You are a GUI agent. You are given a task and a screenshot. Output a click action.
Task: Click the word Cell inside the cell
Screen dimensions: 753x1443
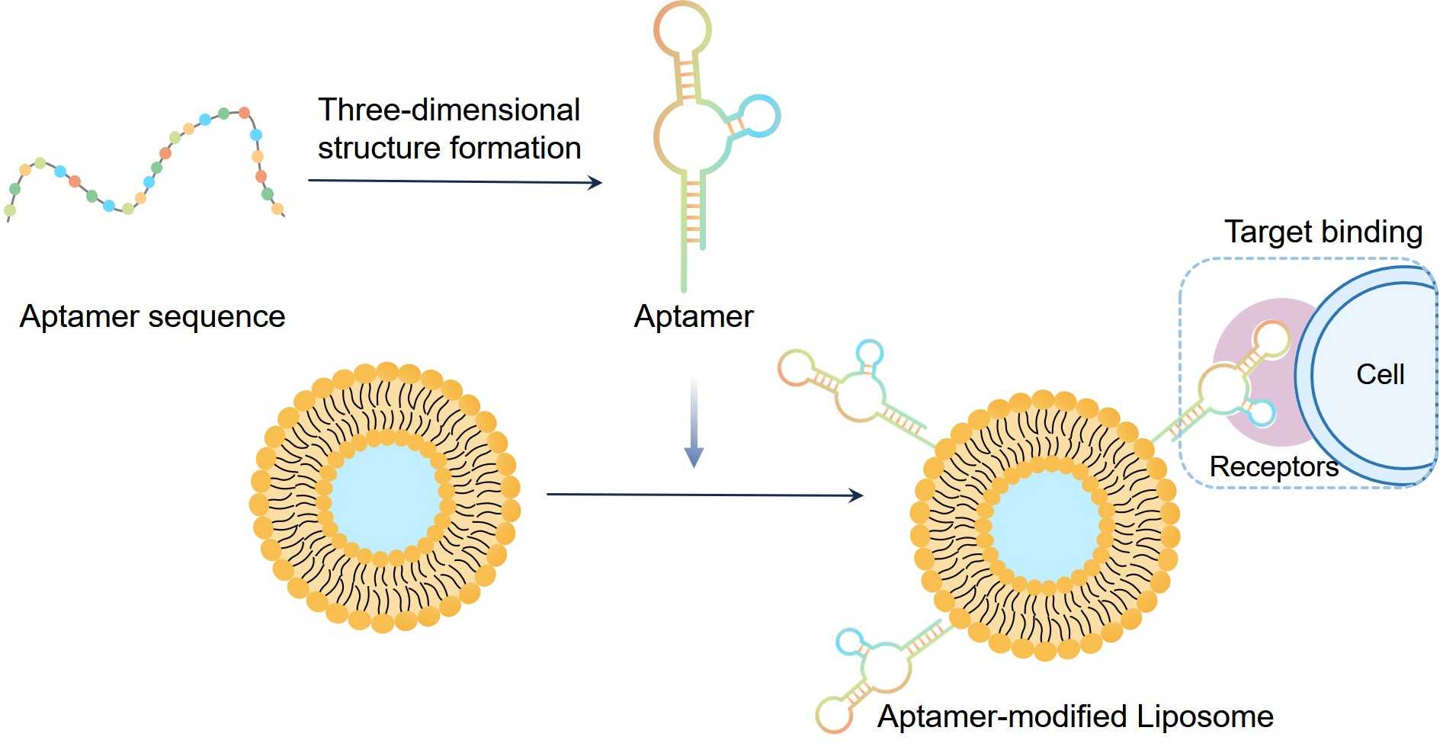[x=1380, y=374]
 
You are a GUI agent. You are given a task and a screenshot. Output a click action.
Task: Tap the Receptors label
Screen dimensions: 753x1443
[x=1273, y=466]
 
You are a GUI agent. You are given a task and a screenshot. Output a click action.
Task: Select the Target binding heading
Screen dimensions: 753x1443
[x=1323, y=232]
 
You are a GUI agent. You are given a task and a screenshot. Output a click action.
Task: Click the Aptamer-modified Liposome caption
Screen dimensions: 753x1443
[x=1075, y=716]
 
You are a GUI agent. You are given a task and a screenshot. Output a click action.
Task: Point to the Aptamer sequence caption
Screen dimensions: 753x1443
[x=152, y=316]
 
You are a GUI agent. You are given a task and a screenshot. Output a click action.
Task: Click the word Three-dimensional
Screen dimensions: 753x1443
[x=449, y=111]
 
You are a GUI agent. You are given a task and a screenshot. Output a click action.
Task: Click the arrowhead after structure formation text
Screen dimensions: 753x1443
[x=596, y=182]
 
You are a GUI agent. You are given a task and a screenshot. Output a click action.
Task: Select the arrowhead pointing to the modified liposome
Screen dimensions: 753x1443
[x=856, y=495]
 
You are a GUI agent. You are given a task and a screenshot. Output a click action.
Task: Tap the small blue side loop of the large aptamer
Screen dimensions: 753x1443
[x=759, y=116]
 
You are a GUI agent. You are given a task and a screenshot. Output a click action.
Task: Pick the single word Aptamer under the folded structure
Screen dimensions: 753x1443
[x=693, y=316]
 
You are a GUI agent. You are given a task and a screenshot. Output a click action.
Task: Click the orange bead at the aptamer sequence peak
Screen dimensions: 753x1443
[x=245, y=113]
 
